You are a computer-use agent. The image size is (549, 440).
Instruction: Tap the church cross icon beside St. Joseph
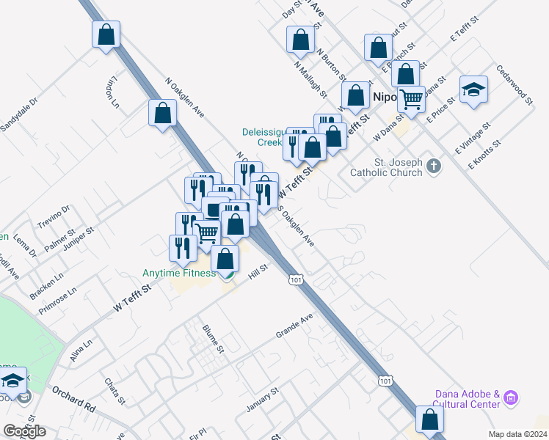pos(434,166)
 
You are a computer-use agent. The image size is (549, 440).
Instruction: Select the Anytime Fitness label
pos(178,274)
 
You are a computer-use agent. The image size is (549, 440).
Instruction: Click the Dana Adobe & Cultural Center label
pos(467,399)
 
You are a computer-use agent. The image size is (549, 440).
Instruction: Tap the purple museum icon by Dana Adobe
pos(512,399)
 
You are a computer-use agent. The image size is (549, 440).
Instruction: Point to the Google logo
pos(24,431)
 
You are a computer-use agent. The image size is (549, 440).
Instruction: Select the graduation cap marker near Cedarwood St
pos(473,90)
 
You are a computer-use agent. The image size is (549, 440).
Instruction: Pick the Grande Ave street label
pos(294,325)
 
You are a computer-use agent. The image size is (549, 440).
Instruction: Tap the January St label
pos(263,400)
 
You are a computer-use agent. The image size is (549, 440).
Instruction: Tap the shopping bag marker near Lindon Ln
pos(106,34)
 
